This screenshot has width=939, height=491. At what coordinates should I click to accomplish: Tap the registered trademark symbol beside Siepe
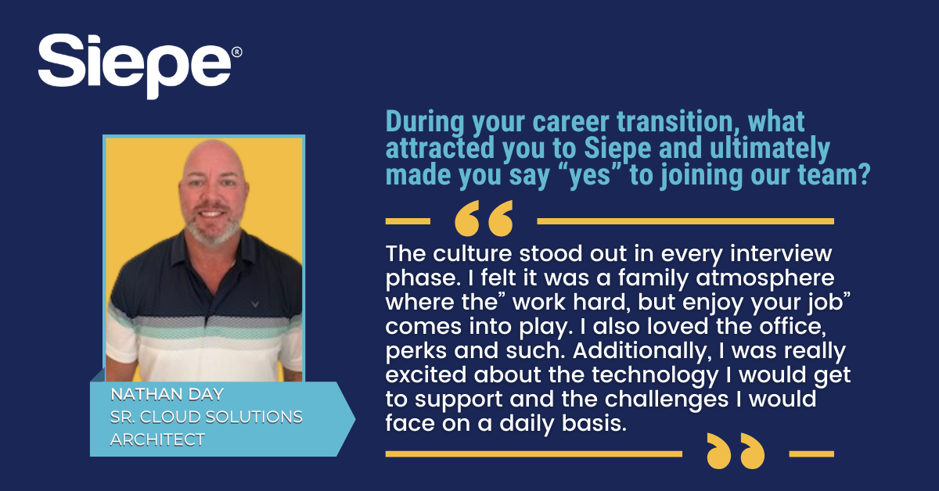click(236, 52)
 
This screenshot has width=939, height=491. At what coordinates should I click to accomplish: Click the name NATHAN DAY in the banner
click(167, 394)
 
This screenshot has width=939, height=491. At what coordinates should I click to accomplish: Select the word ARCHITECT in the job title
click(157, 439)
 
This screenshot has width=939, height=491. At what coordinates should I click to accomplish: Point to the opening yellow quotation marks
click(484, 218)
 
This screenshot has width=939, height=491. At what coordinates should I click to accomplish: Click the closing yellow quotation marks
click(736, 451)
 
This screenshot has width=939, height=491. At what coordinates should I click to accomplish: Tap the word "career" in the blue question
click(570, 122)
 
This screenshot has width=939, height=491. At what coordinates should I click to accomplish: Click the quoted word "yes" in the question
click(591, 174)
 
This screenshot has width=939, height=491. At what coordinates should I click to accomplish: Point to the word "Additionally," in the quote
click(642, 350)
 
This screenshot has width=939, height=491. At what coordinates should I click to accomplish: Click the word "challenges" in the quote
click(666, 400)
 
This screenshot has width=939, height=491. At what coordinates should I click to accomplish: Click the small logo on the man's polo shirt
click(255, 303)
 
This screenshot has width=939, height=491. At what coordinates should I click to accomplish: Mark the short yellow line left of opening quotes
click(408, 221)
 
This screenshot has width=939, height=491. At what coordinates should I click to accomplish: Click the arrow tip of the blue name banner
click(354, 419)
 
